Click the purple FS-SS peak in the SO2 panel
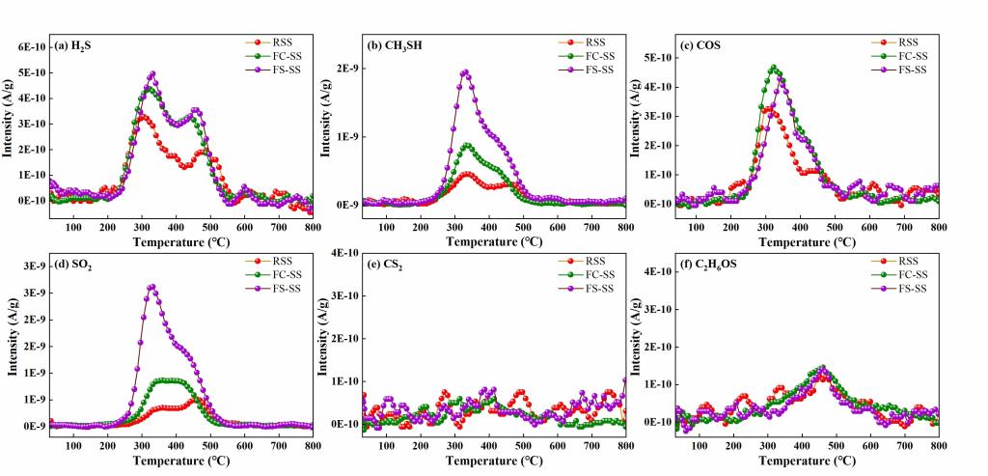(x=151, y=287)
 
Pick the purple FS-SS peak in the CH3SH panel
(x=465, y=72)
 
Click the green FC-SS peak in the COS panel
(x=774, y=68)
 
